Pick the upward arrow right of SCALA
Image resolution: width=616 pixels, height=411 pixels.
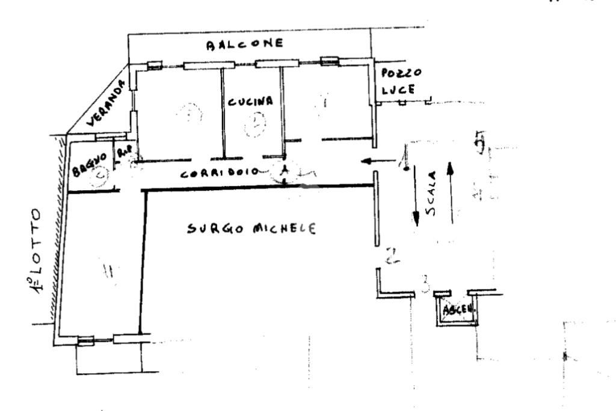click(x=449, y=193)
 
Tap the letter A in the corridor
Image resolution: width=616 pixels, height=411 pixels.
click(x=285, y=171)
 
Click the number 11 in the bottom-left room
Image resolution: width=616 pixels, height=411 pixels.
click(x=109, y=272)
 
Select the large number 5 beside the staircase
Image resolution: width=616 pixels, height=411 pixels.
click(x=480, y=143)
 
